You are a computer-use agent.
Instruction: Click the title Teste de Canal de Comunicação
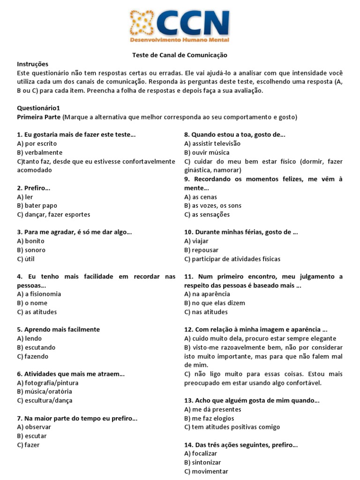(180, 55)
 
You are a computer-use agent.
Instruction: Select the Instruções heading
(32, 64)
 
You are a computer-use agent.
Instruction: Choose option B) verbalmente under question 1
(39, 153)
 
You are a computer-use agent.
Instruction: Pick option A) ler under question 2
(25, 197)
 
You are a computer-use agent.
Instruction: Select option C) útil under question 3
(26, 259)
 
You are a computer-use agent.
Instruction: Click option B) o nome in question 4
(32, 303)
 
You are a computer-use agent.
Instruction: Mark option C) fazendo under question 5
(32, 356)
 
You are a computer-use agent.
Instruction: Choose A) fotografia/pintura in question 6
(47, 383)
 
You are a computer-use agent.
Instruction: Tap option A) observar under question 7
(34, 427)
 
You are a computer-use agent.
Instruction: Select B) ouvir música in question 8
(207, 153)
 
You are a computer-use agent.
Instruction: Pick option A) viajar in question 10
(196, 241)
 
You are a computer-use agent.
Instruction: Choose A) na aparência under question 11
(207, 294)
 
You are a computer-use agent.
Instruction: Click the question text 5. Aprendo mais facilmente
(58, 330)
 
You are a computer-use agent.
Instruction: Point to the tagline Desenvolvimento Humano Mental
(180, 41)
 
